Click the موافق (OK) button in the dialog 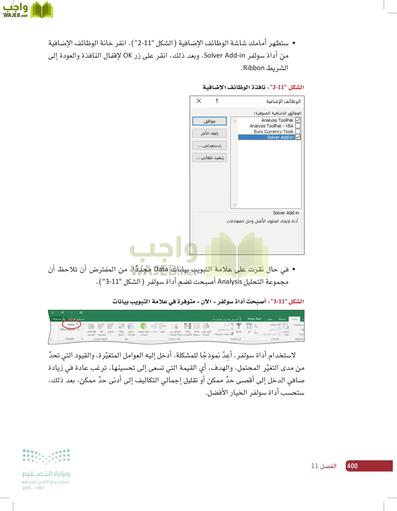point(209,121)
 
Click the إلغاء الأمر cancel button point(209,133)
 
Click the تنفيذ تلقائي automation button point(209,158)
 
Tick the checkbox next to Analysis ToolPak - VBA point(298,126)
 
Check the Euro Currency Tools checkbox point(298,131)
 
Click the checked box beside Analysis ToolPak point(298,120)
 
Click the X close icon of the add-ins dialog point(199,101)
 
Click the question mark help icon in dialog point(217,101)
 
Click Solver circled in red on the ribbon point(71,324)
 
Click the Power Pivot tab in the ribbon point(254,319)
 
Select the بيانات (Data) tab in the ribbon point(294,319)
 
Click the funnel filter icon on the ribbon point(239,326)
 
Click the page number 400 point(352,466)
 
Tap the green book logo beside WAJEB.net point(42,10)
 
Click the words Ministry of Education point(46,482)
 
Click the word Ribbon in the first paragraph point(254,68)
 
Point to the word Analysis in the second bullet point(229,282)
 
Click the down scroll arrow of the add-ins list point(235,204)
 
